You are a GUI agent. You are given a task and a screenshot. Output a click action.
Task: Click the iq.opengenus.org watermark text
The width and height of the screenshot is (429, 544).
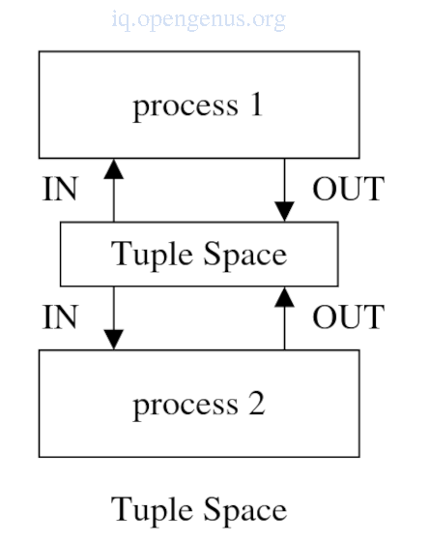click(x=198, y=20)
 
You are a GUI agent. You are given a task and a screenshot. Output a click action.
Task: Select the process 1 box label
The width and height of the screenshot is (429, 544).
click(x=198, y=106)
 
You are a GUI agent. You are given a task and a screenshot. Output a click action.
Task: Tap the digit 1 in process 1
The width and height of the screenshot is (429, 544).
click(x=257, y=105)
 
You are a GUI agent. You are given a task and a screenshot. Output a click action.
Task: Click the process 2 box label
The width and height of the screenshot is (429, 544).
click(x=199, y=406)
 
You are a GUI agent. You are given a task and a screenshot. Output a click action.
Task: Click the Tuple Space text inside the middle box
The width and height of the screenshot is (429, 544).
click(x=199, y=255)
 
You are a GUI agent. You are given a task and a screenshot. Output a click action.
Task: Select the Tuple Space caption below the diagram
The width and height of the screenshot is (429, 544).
click(x=199, y=511)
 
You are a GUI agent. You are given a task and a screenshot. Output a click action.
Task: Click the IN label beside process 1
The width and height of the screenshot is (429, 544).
click(x=60, y=189)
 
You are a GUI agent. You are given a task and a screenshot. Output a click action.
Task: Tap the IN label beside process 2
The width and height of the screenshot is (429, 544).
click(x=60, y=317)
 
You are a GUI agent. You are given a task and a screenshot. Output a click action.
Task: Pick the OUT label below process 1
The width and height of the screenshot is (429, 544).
click(x=349, y=189)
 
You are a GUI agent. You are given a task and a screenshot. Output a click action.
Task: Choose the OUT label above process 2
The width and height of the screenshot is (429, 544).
click(x=349, y=317)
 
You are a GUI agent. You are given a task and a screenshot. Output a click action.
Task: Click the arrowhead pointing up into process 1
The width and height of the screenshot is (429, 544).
click(x=114, y=169)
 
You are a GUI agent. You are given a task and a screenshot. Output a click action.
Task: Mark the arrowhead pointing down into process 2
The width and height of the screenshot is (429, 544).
click(x=114, y=340)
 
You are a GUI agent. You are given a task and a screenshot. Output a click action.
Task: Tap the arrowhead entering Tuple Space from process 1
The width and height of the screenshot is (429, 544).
click(x=285, y=211)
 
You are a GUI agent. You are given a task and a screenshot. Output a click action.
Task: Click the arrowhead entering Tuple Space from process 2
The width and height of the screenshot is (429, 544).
click(x=285, y=297)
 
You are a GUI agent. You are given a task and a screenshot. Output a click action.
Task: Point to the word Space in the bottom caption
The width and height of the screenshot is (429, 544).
click(x=245, y=511)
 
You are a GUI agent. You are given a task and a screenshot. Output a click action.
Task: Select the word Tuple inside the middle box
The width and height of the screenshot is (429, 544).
click(x=152, y=255)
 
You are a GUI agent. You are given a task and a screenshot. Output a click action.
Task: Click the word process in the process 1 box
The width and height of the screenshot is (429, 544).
click(x=186, y=107)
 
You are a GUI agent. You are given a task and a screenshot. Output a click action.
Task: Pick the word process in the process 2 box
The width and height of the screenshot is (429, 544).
click(x=186, y=407)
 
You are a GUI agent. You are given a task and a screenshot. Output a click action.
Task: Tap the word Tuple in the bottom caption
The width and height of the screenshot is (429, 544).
click(x=152, y=511)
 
